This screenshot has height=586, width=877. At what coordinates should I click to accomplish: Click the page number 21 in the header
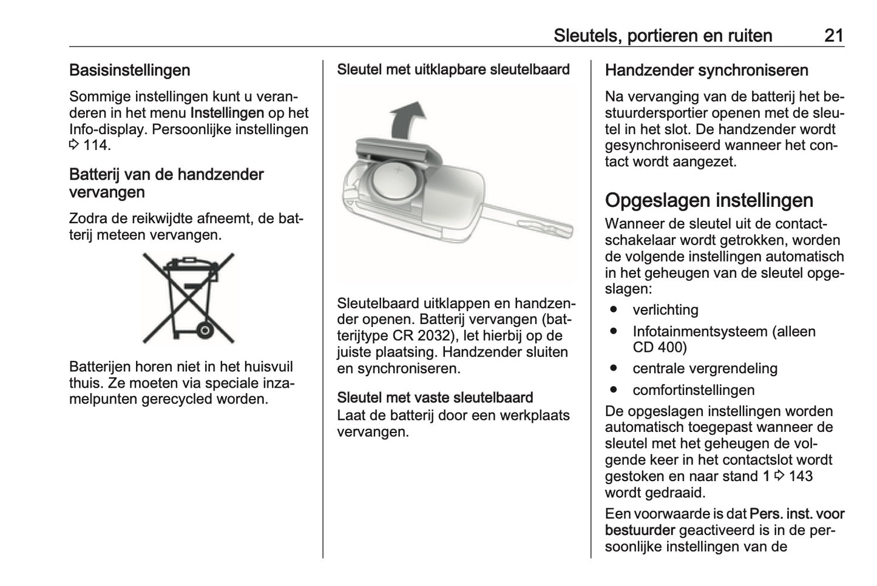point(833,35)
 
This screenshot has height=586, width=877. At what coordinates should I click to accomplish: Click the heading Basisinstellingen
point(129,70)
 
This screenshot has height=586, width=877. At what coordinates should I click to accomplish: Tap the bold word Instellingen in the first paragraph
point(226,113)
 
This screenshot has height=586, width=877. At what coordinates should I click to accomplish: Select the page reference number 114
point(97,146)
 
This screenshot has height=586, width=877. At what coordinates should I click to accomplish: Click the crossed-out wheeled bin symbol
point(188,298)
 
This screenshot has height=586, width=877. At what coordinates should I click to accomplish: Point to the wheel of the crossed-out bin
point(205,331)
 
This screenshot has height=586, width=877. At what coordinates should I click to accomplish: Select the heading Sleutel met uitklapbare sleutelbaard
point(453,70)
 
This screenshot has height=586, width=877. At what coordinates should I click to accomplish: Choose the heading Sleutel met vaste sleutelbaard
point(435,398)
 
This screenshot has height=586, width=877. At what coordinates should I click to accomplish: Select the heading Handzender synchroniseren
point(706,70)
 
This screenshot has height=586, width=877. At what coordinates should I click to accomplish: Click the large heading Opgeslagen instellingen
point(709,200)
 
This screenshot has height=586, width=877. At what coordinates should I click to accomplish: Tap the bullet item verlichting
point(665,310)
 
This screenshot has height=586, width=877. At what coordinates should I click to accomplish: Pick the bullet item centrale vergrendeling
point(705,369)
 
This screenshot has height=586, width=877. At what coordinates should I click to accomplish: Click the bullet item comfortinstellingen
point(693,390)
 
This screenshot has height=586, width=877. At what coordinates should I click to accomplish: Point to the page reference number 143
point(801,476)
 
